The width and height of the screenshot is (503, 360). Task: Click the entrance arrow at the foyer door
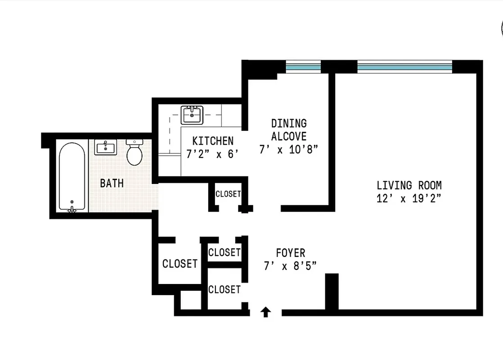click(266, 311)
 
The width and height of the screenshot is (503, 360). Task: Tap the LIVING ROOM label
click(409, 185)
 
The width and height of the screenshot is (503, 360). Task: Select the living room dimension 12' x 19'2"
click(409, 198)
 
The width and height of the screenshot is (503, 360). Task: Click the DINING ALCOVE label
click(289, 130)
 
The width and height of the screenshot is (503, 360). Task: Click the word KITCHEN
click(213, 141)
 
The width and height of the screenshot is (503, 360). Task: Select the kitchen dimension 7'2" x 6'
click(212, 154)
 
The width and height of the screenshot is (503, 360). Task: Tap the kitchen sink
click(192, 115)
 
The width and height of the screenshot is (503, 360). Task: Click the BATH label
click(112, 183)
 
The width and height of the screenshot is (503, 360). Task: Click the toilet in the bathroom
click(135, 152)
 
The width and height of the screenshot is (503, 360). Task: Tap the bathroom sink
click(105, 147)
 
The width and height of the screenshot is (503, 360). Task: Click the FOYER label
click(291, 253)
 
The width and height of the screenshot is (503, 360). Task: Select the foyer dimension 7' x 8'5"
click(291, 266)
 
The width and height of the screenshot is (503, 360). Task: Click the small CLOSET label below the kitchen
click(228, 194)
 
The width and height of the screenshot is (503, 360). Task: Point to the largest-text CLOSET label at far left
click(180, 264)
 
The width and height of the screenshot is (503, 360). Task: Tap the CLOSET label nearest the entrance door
click(224, 289)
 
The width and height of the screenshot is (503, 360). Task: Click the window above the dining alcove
click(303, 67)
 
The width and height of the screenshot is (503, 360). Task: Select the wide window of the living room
click(404, 67)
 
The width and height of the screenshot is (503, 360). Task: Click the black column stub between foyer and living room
click(332, 291)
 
